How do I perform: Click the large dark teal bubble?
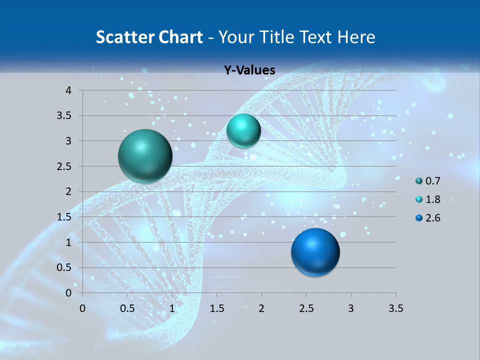[145, 156]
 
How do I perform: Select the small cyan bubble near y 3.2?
[243, 130]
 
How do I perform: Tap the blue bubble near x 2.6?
[315, 252]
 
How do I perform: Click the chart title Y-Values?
[249, 70]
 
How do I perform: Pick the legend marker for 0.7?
[419, 181]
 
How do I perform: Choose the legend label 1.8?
[433, 199]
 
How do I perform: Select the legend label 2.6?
[433, 218]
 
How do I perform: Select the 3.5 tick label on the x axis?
[395, 308]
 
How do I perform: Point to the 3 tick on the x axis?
[351, 308]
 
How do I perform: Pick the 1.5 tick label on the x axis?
[216, 308]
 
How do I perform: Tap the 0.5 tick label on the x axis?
[127, 308]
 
